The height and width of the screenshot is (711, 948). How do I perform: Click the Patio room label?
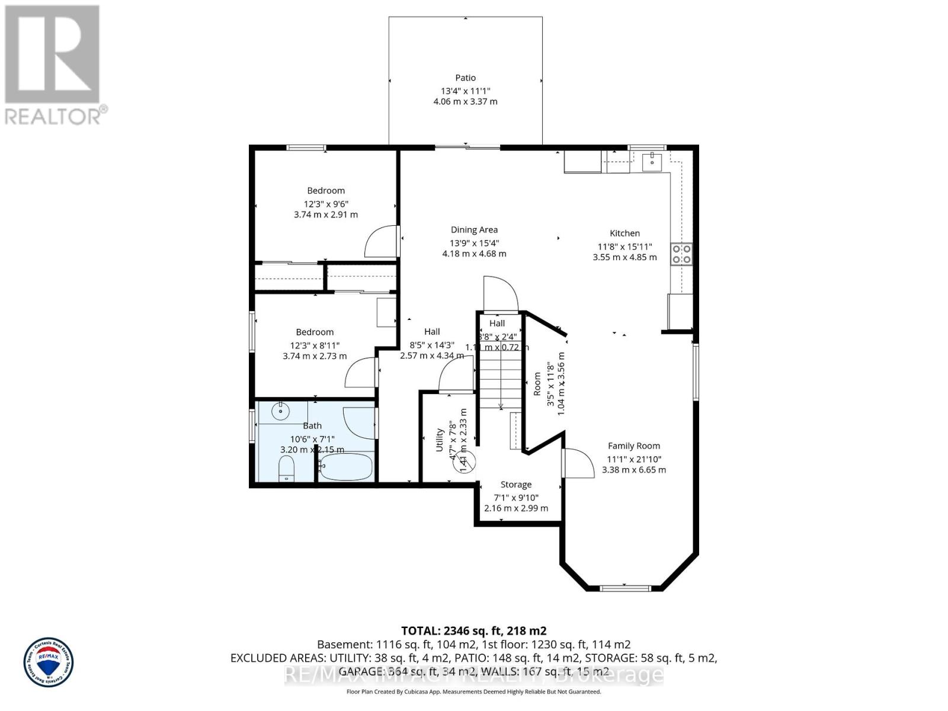click(x=465, y=78)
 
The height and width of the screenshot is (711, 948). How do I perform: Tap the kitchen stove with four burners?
click(x=681, y=254)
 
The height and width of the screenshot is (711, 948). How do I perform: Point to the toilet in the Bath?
click(x=286, y=469)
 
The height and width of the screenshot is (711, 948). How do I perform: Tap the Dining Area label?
click(x=474, y=230)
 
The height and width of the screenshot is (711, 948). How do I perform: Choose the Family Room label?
click(x=633, y=446)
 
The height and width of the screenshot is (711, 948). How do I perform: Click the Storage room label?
click(x=515, y=485)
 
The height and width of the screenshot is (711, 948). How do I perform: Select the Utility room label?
click(x=440, y=440)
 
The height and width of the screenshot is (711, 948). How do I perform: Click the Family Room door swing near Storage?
click(x=578, y=462)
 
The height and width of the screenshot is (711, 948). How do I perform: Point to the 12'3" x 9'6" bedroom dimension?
click(x=326, y=203)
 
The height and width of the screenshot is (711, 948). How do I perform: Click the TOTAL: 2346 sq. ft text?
click(x=473, y=631)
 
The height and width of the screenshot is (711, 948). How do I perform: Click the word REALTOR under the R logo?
click(x=53, y=116)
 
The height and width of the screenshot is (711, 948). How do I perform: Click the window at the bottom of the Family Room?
click(x=624, y=588)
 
